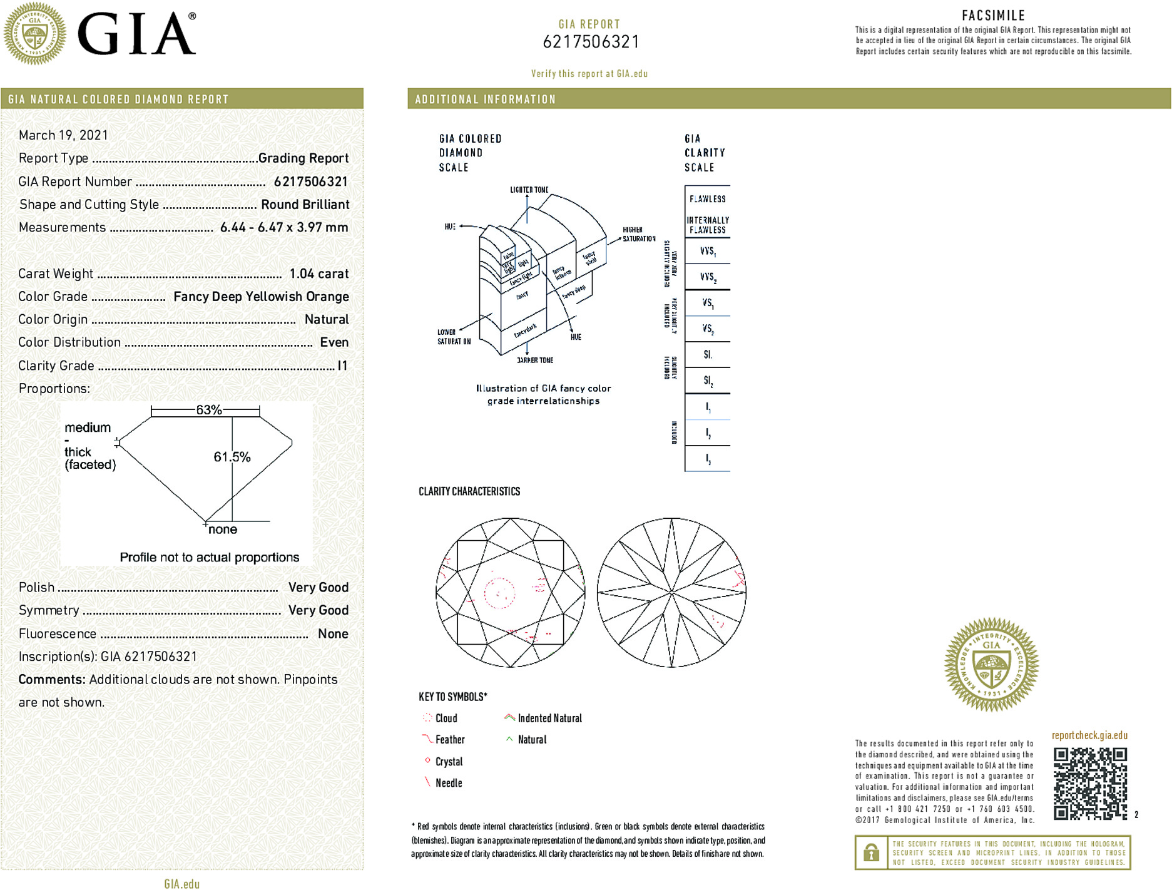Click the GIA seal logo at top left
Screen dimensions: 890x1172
pos(34,33)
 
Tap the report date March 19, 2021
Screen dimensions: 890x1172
pos(63,135)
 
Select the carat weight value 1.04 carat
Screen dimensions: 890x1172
pos(318,274)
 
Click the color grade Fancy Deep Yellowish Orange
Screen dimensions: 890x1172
pos(261,297)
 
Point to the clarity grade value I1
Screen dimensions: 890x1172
pos(342,366)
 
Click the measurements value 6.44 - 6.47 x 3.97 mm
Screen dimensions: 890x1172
pos(284,227)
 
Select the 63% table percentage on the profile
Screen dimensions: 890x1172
pos(209,410)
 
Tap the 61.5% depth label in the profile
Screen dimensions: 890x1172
pos(232,457)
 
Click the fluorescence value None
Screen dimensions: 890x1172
pos(333,633)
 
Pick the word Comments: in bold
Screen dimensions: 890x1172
pos(52,680)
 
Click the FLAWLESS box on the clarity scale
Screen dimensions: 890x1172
pos(707,199)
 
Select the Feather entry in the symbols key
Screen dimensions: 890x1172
pos(449,740)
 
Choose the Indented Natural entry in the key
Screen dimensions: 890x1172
pos(549,719)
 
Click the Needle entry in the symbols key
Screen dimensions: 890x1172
pos(448,783)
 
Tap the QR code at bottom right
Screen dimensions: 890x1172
pos(1090,784)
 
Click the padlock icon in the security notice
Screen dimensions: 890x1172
pos(871,852)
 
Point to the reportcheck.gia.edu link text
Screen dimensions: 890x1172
pos(1089,735)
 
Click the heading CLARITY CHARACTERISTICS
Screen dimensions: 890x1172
pos(469,491)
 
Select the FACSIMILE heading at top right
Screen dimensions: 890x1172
pos(993,16)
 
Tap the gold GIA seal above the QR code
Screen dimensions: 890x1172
pos(991,664)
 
